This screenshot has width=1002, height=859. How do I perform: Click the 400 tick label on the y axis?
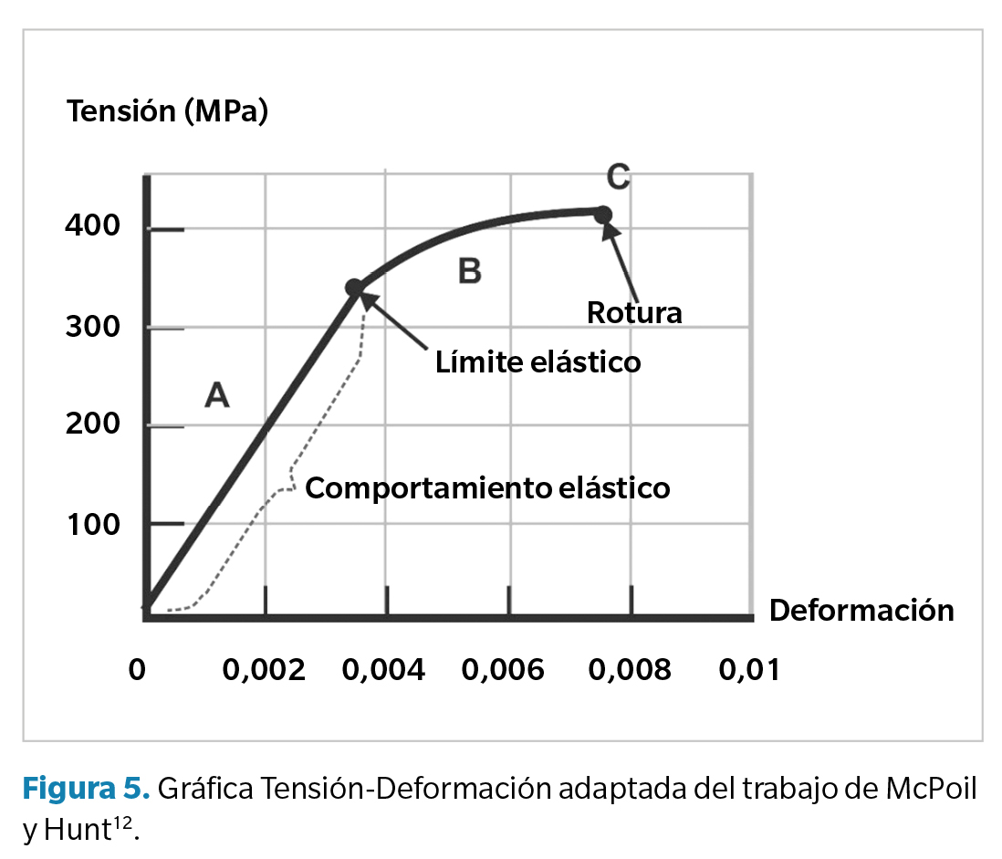[93, 225]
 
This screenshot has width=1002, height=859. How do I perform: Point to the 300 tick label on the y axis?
[93, 327]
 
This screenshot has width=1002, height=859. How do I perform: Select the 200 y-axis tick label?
[93, 425]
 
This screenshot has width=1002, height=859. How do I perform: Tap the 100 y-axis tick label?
[93, 524]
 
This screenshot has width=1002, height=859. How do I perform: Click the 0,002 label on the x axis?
[265, 670]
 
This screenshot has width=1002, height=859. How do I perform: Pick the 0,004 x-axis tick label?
[384, 670]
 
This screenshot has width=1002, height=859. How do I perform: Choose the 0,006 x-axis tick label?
[505, 670]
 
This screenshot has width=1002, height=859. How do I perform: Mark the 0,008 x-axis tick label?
[629, 670]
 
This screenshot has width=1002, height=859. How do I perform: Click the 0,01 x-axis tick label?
[749, 670]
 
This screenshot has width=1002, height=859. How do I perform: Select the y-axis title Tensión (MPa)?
[167, 112]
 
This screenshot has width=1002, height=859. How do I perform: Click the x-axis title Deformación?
[861, 610]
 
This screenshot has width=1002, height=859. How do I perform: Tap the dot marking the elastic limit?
[354, 288]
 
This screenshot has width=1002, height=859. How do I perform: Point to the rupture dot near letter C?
[603, 215]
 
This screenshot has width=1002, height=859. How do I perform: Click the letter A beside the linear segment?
[216, 395]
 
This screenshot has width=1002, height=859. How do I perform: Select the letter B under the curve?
[469, 271]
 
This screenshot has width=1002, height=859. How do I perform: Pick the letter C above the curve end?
[618, 176]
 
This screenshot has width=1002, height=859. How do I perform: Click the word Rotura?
[634, 313]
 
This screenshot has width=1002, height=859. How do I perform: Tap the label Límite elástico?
[538, 362]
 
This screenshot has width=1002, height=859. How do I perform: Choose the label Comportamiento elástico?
[487, 488]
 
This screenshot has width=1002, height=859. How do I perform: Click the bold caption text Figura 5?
[86, 788]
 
